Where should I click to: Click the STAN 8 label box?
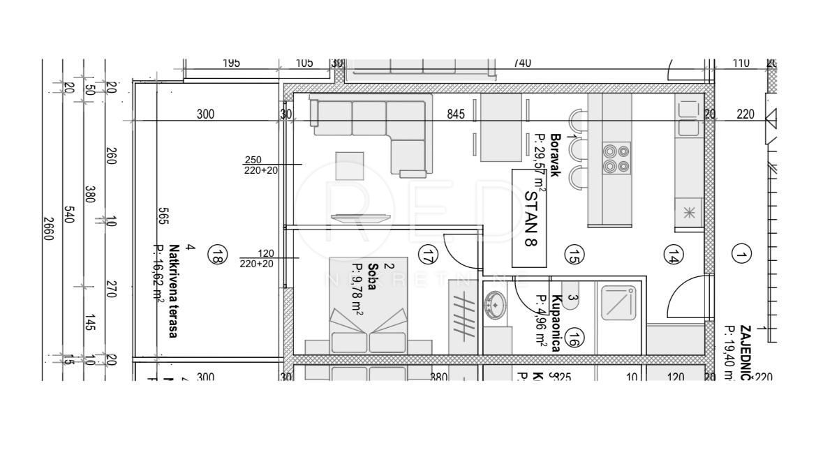coord(530,218)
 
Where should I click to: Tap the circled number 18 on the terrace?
coord(218,256)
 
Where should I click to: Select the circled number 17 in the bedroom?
coord(428,255)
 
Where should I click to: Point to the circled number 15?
coord(574,255)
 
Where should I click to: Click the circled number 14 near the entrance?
coord(673,255)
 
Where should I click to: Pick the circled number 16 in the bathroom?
coord(574,338)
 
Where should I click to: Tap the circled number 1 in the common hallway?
coord(741,255)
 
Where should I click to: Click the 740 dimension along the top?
coord(522,63)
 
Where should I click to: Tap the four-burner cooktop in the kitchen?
coord(616,158)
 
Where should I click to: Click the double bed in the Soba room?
coord(369,314)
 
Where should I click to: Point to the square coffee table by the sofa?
coord(348,166)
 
